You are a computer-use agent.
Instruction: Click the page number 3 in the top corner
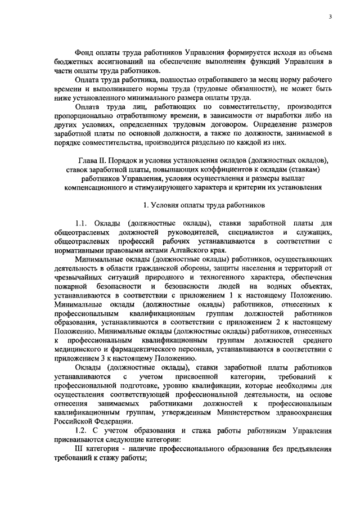(331, 17)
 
